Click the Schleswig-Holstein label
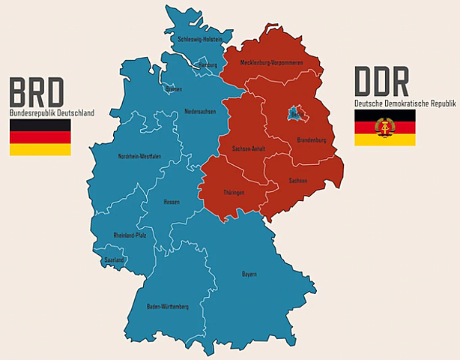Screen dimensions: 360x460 (x=200, y=39)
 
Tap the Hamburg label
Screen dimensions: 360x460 (x=208, y=64)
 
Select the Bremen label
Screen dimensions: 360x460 (x=174, y=88)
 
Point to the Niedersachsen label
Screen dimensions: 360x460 (x=200, y=112)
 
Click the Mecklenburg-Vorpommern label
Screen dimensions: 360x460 (x=272, y=62)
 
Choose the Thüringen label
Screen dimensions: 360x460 (x=234, y=193)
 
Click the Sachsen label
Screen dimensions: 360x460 (x=297, y=181)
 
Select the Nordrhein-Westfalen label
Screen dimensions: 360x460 (x=139, y=156)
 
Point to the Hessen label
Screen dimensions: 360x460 (x=172, y=202)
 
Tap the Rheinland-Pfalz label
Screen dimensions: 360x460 (x=130, y=235)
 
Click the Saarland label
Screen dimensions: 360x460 (x=114, y=259)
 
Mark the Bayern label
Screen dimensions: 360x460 (x=249, y=274)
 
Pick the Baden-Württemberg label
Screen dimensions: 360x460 (x=168, y=307)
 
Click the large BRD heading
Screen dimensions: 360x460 (x=37, y=91)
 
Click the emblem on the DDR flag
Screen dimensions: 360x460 (x=385, y=127)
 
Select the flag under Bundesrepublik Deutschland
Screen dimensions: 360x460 (x=40, y=137)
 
